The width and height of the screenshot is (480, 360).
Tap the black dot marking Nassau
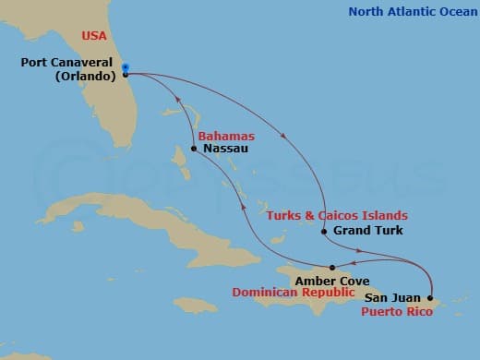pos(194,148)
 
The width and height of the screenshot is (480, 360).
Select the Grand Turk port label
pos(367,231)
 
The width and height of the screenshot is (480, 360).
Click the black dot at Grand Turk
pos(324,231)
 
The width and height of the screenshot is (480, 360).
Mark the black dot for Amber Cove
pos(332,267)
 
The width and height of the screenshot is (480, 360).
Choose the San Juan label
pos(394,298)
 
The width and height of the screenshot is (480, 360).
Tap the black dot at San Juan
pos(430,297)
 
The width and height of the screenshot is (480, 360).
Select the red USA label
pos(94,35)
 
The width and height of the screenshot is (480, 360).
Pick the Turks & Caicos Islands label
pos(337,215)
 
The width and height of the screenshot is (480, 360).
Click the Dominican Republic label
pos(294,293)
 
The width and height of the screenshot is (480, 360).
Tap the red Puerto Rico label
pos(397,311)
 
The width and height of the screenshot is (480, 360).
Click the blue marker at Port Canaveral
pos(125,67)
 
